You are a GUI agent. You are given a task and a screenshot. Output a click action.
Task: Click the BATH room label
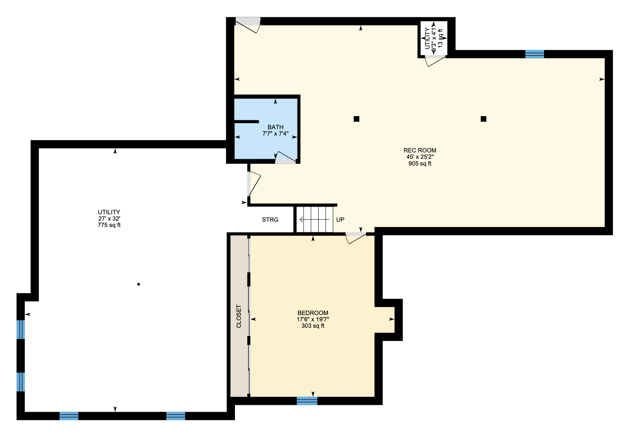[275, 127]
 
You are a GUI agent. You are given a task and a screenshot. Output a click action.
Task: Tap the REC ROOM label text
[420, 150]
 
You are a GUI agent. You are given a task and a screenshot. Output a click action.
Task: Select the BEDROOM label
[313, 313]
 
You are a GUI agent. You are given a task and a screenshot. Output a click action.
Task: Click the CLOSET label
[239, 316]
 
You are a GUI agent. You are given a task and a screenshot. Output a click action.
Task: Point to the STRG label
[270, 219]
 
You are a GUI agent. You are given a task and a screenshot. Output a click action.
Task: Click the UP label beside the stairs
[340, 219]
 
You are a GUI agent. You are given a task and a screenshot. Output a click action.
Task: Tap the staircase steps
[315, 219]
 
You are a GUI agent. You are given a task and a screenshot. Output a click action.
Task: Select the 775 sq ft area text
[109, 225]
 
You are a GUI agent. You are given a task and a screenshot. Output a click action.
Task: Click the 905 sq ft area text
[420, 164]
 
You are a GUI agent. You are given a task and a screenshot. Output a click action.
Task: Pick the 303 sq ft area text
[313, 326]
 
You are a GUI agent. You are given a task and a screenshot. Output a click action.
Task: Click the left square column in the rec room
[356, 119]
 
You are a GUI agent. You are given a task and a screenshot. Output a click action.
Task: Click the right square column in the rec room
[483, 119]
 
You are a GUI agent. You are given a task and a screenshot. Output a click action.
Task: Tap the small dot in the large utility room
[139, 284]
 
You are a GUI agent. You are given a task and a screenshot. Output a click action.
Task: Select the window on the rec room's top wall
[535, 54]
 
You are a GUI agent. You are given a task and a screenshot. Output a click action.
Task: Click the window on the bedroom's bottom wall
[307, 401]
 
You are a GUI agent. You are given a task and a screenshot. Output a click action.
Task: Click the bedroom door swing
[356, 238]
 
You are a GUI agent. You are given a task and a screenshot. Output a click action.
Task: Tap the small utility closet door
[435, 61]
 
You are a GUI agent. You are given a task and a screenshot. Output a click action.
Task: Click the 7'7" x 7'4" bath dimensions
[275, 134]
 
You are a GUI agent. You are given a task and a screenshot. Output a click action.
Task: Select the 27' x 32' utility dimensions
[109, 218]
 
